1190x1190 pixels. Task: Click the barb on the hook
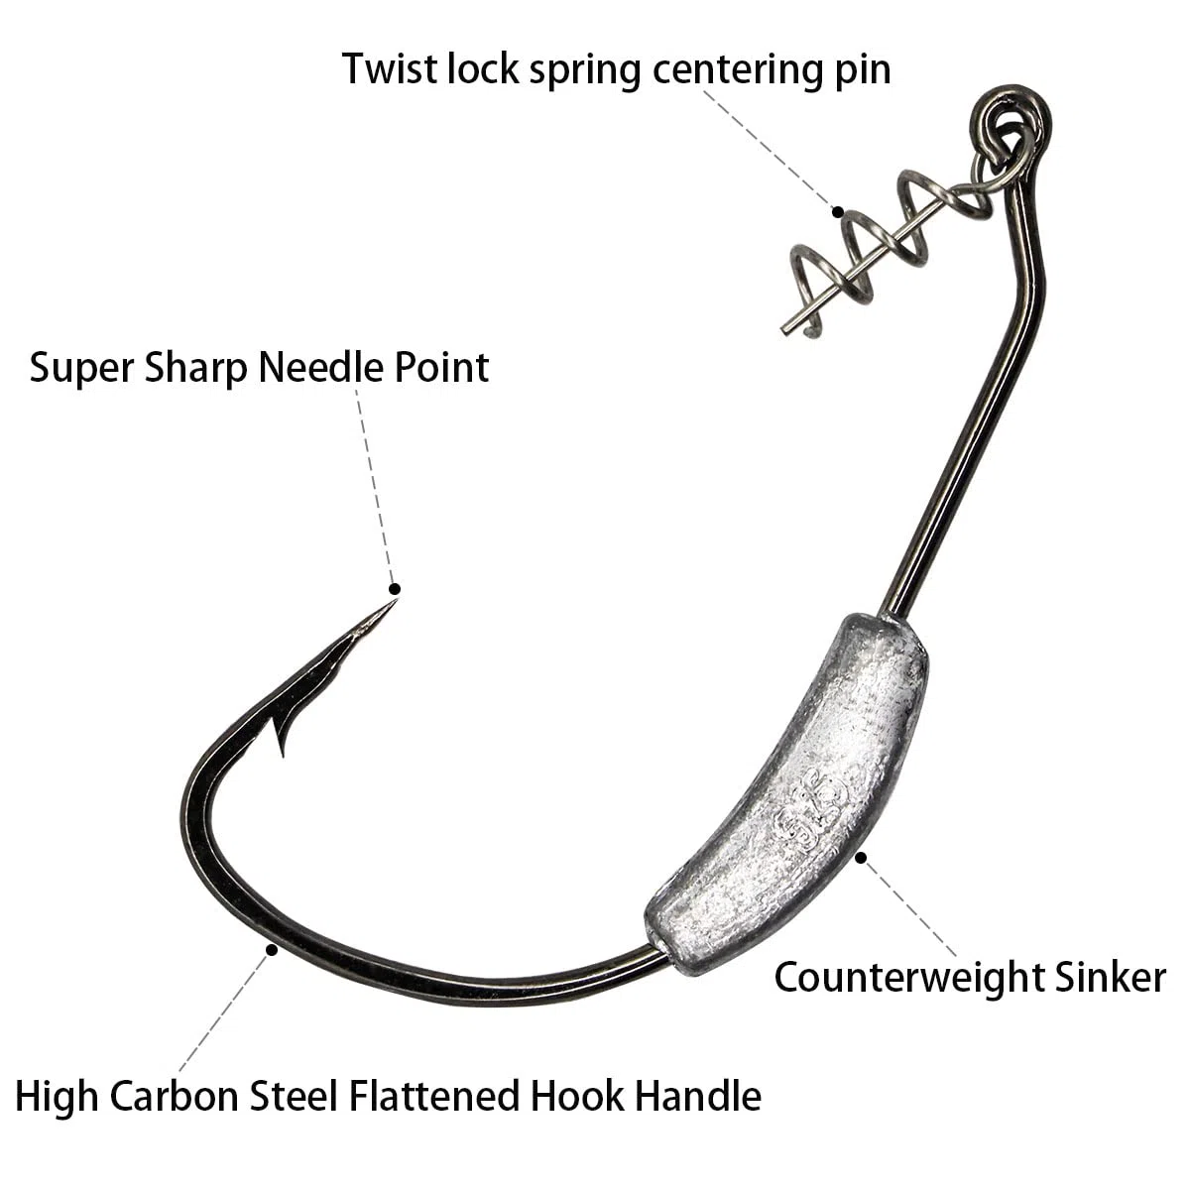(x=283, y=737)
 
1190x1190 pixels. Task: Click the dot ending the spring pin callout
(x=838, y=212)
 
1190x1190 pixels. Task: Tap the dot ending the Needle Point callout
(x=395, y=589)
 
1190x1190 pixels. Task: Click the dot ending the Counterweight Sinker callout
(x=861, y=858)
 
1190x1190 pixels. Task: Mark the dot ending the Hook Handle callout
(x=272, y=950)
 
